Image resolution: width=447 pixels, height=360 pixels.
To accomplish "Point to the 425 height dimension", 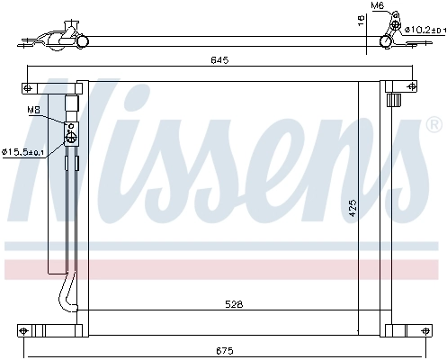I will pos(353,208).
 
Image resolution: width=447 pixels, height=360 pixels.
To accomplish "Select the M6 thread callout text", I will pos(378,6).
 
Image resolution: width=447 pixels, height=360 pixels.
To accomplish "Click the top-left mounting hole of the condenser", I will pos(28,87).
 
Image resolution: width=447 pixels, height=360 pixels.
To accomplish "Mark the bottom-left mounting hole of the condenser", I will pos(28,328).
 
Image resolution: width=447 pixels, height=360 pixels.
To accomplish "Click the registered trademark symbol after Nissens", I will pos(433,122).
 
